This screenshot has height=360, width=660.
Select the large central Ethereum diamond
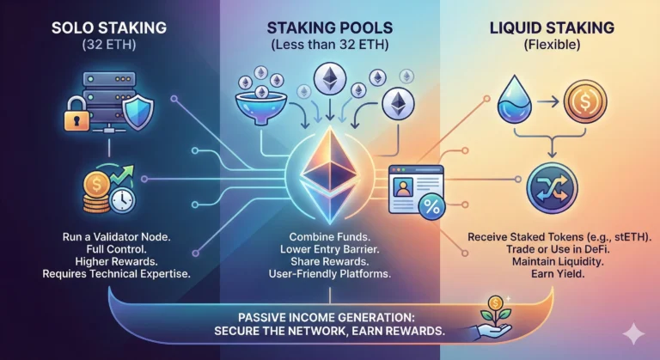pyautogui.click(x=329, y=167)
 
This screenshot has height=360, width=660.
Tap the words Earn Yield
pyautogui.click(x=551, y=275)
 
